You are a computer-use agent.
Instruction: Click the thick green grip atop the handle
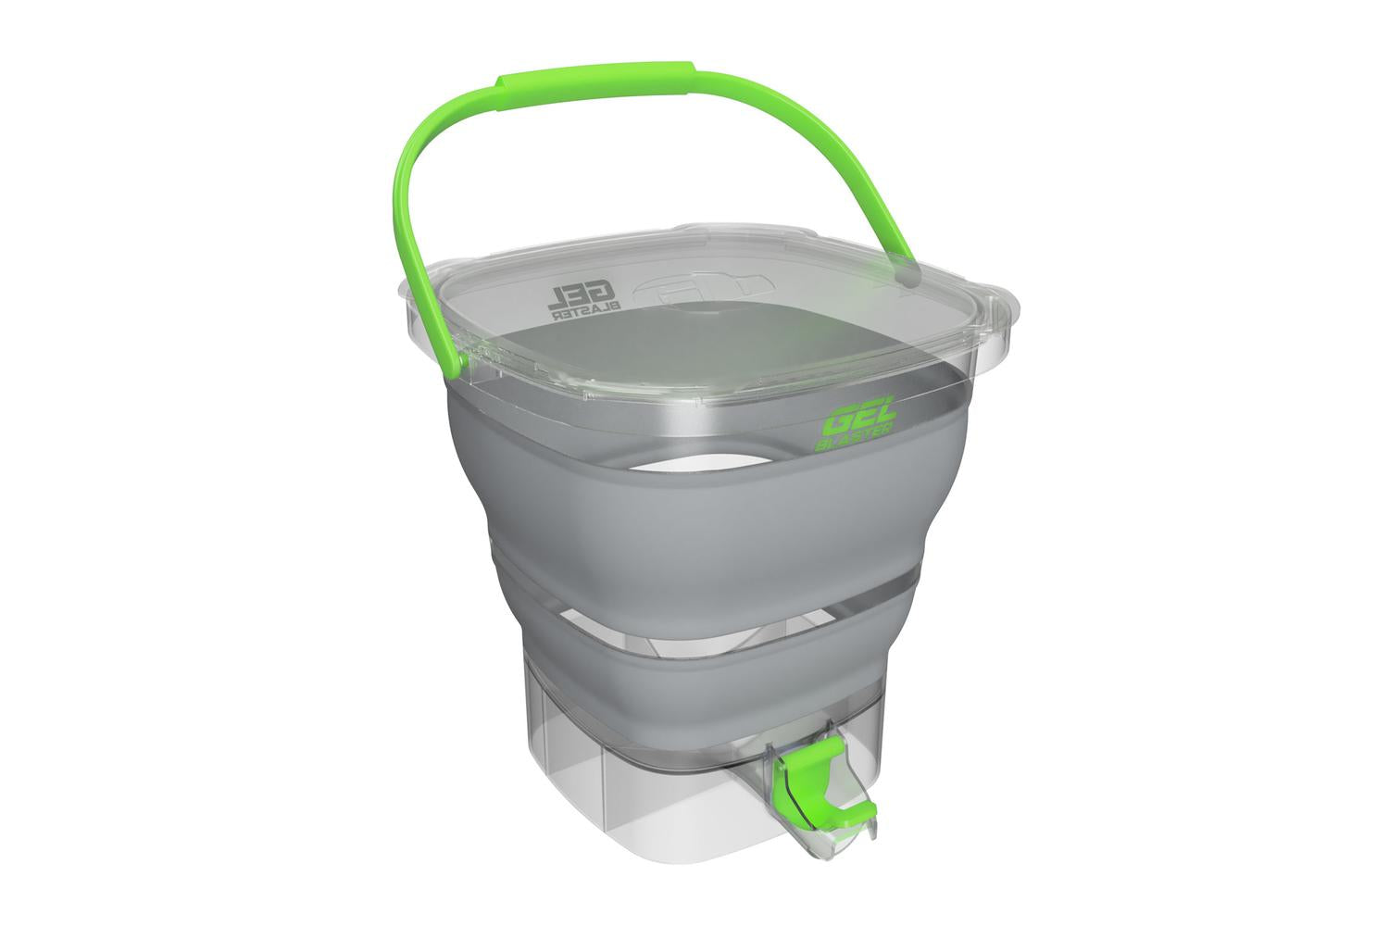point(594,81)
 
